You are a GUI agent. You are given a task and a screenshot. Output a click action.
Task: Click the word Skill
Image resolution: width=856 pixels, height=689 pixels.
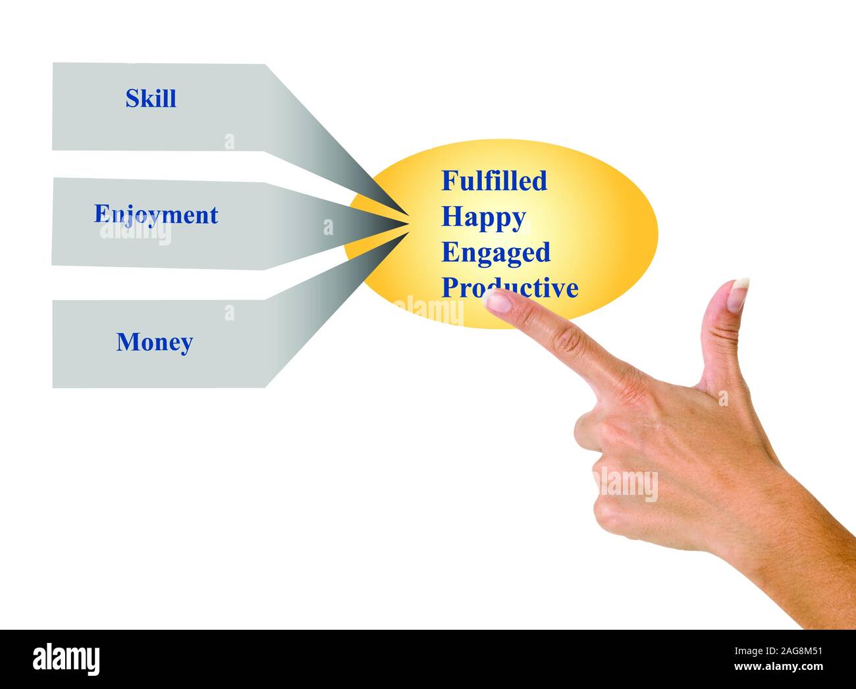point(151,99)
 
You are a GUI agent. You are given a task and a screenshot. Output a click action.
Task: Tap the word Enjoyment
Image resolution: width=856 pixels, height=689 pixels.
point(156,215)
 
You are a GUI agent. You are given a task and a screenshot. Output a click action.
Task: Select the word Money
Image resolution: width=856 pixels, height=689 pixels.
point(155,342)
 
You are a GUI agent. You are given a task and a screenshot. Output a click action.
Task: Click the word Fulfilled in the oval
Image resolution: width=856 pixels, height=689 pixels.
point(494,180)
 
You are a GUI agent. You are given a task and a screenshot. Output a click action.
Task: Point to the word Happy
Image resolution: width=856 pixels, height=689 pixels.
point(483,217)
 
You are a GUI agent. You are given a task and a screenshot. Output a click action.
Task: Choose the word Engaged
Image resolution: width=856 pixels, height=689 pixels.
point(495,253)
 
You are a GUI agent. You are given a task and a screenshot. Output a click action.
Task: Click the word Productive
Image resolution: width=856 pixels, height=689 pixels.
point(510,288)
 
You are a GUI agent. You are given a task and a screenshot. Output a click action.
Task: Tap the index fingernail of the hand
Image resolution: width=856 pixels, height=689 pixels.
point(496,301)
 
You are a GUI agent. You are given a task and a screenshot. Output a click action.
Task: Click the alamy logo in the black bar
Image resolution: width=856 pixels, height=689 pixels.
point(67,659)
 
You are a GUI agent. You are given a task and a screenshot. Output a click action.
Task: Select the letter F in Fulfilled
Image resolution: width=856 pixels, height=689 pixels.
point(449,180)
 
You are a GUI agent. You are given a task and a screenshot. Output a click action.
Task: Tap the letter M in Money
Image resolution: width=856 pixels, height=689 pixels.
point(125,342)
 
